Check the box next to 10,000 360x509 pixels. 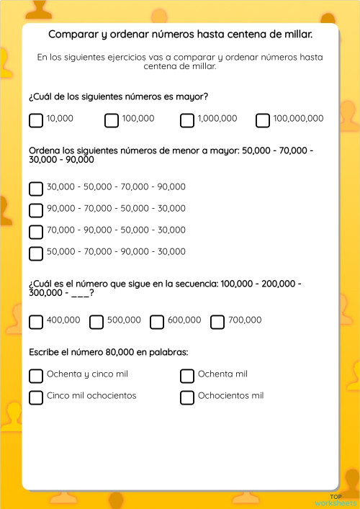[36, 120]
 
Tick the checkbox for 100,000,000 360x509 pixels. [263, 120]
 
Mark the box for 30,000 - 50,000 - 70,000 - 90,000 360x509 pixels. [36, 189]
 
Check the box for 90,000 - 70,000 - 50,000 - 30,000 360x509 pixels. [36, 210]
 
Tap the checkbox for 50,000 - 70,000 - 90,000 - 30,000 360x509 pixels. [36, 253]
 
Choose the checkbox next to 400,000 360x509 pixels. [36, 322]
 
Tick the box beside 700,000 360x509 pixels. [217, 322]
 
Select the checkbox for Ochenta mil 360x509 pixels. [187, 376]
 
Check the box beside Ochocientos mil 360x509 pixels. [187, 397]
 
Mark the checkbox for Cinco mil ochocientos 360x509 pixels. [36, 397]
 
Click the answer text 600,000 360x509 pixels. [184, 320]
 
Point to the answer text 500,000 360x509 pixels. [124, 320]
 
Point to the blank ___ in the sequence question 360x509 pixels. [81, 294]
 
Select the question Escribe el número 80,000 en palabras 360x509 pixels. [108, 352]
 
